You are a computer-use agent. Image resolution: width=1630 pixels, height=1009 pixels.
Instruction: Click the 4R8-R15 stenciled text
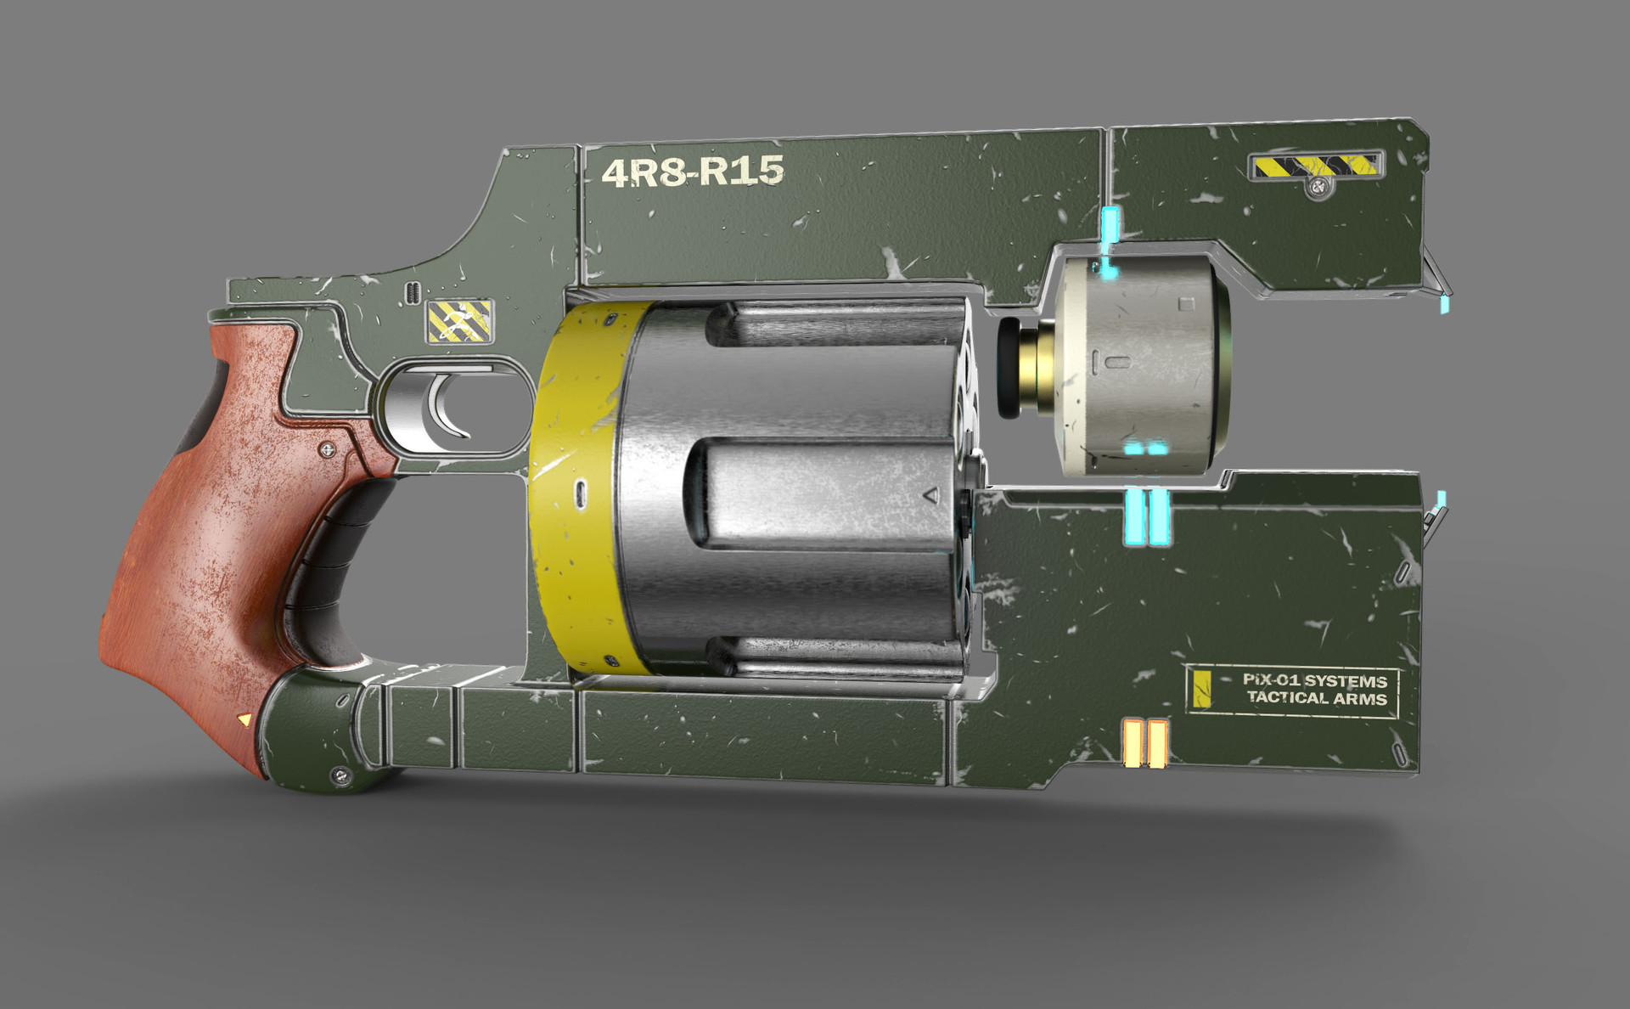(692, 172)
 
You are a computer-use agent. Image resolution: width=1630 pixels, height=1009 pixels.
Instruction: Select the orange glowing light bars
(1144, 742)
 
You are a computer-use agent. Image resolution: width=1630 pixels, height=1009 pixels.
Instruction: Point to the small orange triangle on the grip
(245, 719)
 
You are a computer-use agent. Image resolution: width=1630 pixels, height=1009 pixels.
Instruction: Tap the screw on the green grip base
(341, 774)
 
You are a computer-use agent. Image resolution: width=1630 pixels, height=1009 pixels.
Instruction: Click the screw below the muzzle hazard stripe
(1318, 187)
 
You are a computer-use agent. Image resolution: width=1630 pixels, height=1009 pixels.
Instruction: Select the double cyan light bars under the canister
(1146, 517)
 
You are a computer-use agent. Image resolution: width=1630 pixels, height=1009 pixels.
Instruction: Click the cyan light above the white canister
(1109, 226)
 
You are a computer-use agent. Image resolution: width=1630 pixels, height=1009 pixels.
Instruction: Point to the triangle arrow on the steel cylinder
(930, 494)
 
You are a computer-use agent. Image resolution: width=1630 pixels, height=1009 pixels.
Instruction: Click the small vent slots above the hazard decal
(413, 292)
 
